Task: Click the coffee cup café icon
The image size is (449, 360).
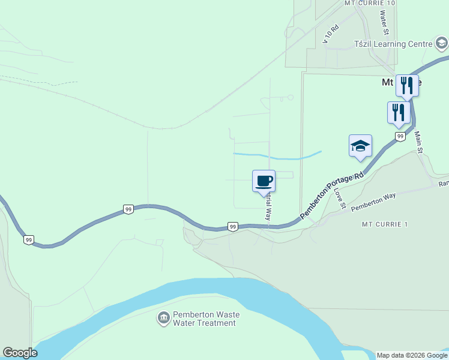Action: coord(264,180)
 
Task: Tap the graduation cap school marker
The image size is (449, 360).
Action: coord(360,146)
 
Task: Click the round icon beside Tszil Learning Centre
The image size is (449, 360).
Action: coord(441,43)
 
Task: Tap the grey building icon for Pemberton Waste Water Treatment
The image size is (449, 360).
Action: coord(163,318)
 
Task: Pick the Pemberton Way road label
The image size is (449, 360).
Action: coord(373,201)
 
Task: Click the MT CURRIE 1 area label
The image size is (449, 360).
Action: coord(384,224)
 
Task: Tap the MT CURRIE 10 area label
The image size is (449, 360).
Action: coord(370,3)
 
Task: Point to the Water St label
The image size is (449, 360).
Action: coord(384,23)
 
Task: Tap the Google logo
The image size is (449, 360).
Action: coord(20,353)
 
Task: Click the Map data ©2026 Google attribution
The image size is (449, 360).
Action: coord(412,355)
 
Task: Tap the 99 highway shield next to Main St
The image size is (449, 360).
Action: coord(400,137)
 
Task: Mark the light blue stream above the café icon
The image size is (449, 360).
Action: coord(282,157)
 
